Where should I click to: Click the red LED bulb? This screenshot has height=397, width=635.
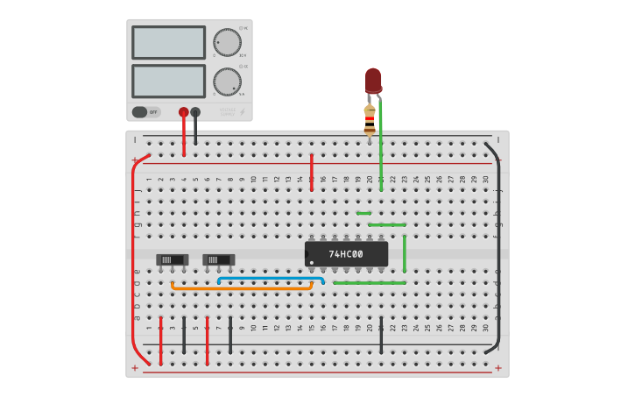(x=373, y=81)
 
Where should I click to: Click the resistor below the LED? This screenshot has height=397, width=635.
(x=370, y=119)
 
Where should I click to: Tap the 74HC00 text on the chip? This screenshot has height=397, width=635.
(x=346, y=254)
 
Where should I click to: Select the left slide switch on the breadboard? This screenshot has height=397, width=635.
(x=173, y=259)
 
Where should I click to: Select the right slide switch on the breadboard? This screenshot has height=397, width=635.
(x=219, y=259)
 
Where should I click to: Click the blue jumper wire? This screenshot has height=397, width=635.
(x=271, y=279)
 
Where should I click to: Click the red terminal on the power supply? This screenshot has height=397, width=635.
(x=183, y=112)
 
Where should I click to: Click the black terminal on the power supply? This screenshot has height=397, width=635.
(x=195, y=112)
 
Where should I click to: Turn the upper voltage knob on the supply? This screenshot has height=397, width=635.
(x=227, y=41)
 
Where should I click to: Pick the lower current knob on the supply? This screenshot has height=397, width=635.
(x=227, y=82)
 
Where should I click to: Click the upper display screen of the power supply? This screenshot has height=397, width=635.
(x=168, y=42)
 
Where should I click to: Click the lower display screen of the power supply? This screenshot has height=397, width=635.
(x=168, y=82)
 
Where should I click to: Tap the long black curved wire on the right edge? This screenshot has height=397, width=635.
(x=498, y=254)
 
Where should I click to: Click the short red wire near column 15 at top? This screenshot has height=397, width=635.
(x=311, y=172)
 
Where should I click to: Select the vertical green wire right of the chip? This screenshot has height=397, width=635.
(x=404, y=253)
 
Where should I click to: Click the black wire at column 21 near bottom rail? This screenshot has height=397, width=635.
(x=381, y=337)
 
